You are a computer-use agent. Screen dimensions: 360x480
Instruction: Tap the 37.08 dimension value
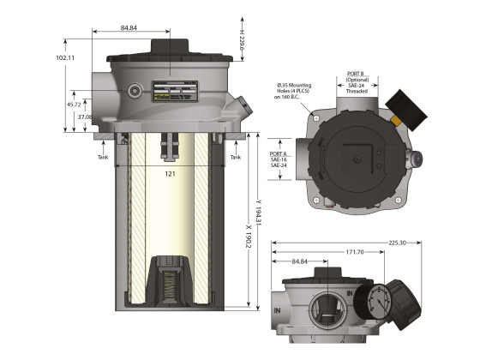[x=85, y=117]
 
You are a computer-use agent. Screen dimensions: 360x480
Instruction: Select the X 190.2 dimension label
[x=248, y=231]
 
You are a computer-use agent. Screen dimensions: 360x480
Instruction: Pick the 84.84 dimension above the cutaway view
[x=129, y=28]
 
